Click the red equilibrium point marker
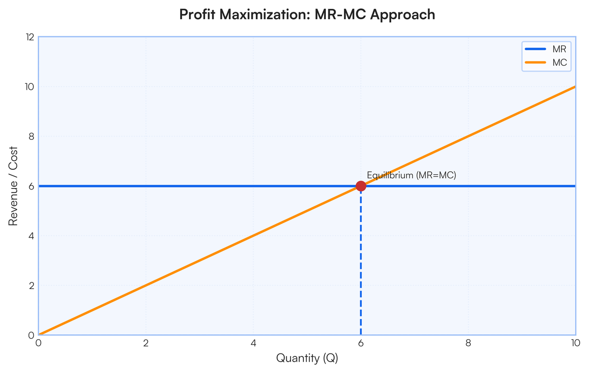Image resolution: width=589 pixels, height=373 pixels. (x=361, y=186)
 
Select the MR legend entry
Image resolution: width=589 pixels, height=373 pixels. (x=546, y=49)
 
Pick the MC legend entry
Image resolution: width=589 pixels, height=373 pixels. (x=546, y=62)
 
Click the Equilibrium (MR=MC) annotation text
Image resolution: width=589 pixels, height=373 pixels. (x=411, y=175)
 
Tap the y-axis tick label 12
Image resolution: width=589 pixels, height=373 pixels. (x=30, y=37)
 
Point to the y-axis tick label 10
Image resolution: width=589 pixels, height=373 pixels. (x=30, y=87)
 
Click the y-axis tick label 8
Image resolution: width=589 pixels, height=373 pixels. (x=31, y=136)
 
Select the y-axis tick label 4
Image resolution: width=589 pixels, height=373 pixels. (x=31, y=236)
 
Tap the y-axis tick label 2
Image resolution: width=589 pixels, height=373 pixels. (x=31, y=286)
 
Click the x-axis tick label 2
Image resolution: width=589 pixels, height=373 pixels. (x=146, y=343)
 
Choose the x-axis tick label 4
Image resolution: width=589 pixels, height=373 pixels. (x=253, y=343)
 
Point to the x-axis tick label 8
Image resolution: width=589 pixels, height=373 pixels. (x=468, y=343)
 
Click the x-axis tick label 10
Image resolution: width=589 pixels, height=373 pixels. (x=576, y=343)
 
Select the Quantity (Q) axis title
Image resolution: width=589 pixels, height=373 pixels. (x=307, y=358)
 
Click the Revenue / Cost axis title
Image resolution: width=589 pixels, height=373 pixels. (x=13, y=186)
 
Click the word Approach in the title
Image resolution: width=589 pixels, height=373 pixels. (x=402, y=15)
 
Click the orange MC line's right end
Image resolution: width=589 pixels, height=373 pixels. (x=576, y=87)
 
